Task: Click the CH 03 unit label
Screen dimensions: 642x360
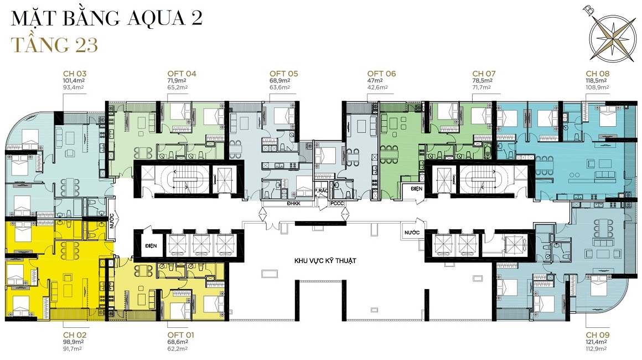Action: pyautogui.click(x=75, y=74)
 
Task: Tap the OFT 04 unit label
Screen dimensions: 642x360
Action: pyautogui.click(x=182, y=74)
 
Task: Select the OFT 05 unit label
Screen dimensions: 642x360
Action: pyautogui.click(x=284, y=74)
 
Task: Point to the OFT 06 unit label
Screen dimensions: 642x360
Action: pyautogui.click(x=381, y=74)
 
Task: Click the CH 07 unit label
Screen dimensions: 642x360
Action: pyautogui.click(x=484, y=74)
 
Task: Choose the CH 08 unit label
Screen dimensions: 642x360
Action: pyautogui.click(x=597, y=74)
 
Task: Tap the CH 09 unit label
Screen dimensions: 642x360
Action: pyautogui.click(x=597, y=335)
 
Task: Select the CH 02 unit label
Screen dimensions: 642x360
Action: pyautogui.click(x=75, y=335)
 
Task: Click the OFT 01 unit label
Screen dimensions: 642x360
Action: pyautogui.click(x=180, y=335)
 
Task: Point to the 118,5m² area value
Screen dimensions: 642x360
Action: pyautogui.click(x=596, y=81)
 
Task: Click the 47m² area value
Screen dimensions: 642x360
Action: pyautogui.click(x=375, y=81)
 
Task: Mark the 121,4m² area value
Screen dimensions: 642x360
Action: pyautogui.click(x=596, y=342)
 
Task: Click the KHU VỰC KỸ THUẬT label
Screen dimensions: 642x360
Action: pyautogui.click(x=325, y=260)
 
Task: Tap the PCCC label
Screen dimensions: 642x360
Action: pyautogui.click(x=337, y=204)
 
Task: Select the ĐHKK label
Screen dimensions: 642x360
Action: pyautogui.click(x=293, y=204)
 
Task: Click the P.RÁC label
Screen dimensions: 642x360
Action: pyautogui.click(x=322, y=191)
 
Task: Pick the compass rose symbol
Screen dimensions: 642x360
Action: pyautogui.click(x=612, y=35)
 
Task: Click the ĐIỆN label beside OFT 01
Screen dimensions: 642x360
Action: pyautogui.click(x=151, y=246)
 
